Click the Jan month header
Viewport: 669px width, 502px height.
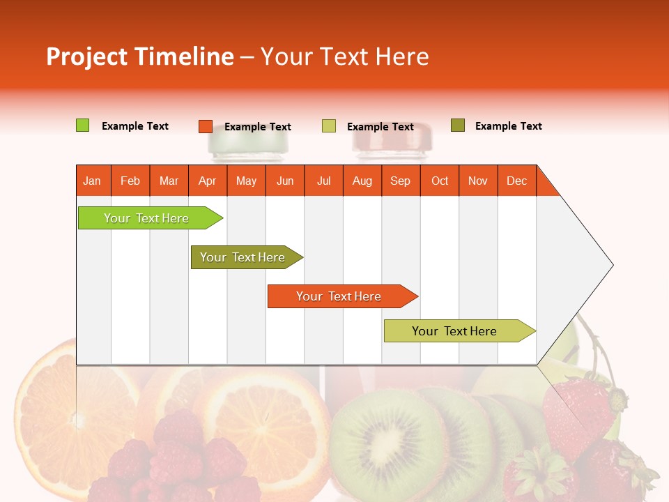coord(93,181)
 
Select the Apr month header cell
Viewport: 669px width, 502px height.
coord(208,181)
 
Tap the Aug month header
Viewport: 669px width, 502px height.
coord(362,181)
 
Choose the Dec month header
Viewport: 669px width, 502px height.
coord(517,181)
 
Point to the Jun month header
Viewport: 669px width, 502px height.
coord(285,181)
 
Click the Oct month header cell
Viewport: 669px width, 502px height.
coord(440,181)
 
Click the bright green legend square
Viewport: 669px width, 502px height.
coord(82,125)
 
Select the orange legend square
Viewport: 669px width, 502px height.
coord(205,126)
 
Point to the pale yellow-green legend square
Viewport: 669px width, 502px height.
coord(328,126)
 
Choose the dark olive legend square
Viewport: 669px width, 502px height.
coord(457,125)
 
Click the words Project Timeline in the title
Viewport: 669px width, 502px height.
coord(139,56)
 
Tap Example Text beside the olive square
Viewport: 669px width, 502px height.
coord(508,126)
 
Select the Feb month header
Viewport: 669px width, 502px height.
coord(130,181)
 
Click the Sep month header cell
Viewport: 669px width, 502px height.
coord(401,181)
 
